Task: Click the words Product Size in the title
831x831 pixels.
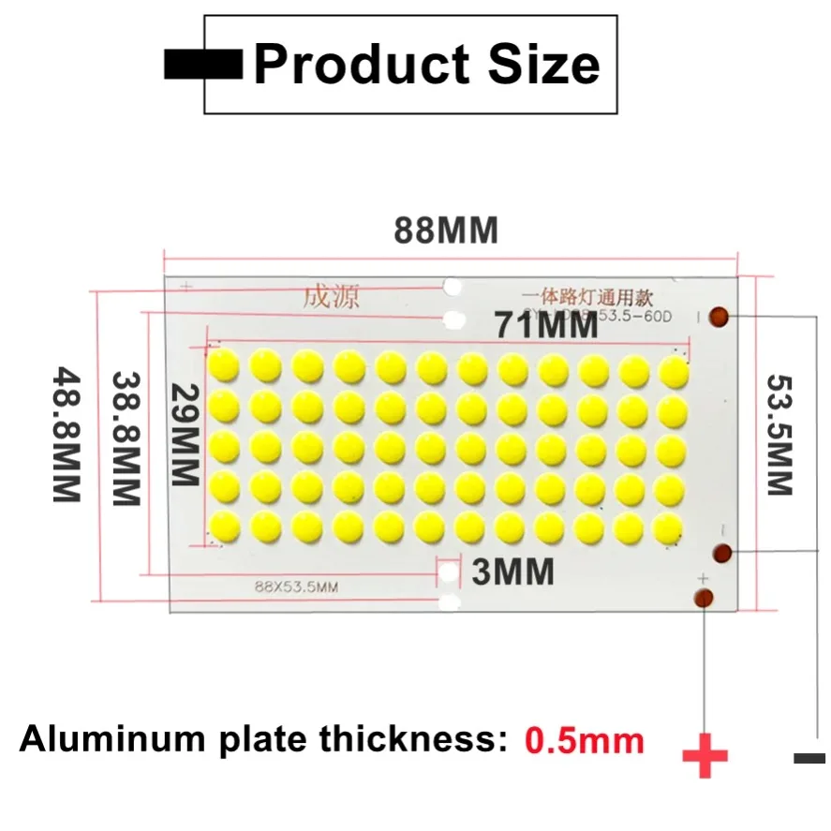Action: point(426,64)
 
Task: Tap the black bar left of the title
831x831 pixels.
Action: point(202,64)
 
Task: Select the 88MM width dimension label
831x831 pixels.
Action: point(445,230)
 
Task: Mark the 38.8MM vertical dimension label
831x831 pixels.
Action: point(126,438)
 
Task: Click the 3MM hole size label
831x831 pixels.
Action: point(512,571)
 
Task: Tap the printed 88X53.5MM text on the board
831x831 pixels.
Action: point(295,587)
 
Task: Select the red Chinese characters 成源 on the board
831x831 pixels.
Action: point(330,297)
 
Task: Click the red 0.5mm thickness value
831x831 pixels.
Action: point(585,741)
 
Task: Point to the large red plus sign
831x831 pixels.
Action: point(705,755)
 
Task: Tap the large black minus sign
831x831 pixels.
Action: point(809,758)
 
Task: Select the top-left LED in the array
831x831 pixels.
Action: point(224,364)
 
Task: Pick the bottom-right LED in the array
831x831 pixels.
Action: point(672,527)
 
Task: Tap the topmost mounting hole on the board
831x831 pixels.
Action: point(453,286)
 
